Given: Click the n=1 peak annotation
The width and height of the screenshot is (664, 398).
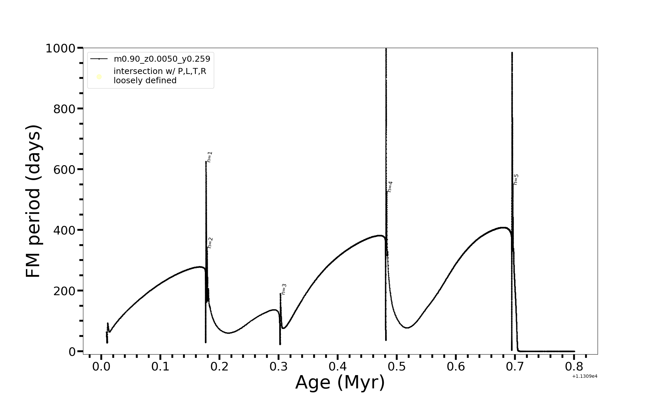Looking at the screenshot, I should coord(209,157).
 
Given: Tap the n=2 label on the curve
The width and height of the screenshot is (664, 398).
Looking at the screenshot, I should coord(210,243).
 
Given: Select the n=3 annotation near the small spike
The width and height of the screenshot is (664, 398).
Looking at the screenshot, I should coord(284,289).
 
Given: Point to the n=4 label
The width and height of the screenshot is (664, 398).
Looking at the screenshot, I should coord(390,187).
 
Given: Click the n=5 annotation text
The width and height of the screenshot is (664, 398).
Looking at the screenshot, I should coord(516,179).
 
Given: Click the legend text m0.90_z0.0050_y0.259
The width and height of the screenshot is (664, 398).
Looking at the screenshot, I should coord(162,59).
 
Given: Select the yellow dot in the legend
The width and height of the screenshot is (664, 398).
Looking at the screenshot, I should coord(99,77).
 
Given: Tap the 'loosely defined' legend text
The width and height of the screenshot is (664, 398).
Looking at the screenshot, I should coord(145,81).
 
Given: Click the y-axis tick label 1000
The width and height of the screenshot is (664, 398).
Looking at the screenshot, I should coord(60,48).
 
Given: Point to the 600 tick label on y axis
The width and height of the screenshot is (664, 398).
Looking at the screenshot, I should coord(64,169).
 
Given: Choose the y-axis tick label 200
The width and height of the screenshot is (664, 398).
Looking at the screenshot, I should coord(64,291).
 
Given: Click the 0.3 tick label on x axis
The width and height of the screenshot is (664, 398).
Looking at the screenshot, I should coord(279,367).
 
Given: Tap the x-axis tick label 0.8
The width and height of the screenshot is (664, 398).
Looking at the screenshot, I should coord(574,367).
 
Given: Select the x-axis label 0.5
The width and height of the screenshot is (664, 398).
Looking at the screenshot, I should coord(397,367).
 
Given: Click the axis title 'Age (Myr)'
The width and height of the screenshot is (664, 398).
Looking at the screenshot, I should coord(340,382).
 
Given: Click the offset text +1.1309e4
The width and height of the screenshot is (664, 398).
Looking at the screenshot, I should coord(585,376).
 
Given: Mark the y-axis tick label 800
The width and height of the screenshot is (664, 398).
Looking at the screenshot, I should coord(64,109).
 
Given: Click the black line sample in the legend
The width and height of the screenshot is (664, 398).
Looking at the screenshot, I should coord(99,59).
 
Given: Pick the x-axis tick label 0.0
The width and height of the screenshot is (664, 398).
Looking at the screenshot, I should coord(101,367).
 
